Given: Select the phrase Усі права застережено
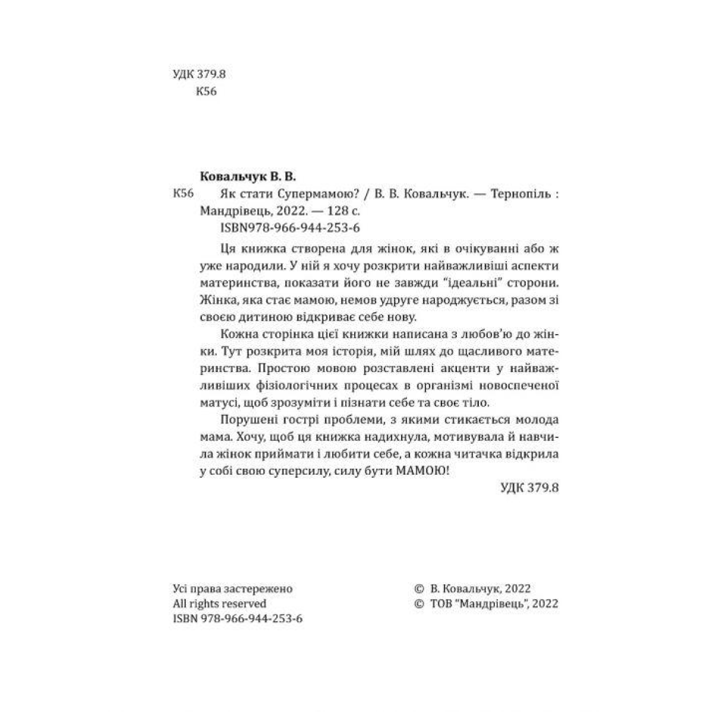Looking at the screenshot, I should coord(231,589).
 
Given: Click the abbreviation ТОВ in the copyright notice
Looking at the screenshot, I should coord(438,604).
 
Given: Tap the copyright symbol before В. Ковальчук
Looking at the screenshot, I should coord(418,589).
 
